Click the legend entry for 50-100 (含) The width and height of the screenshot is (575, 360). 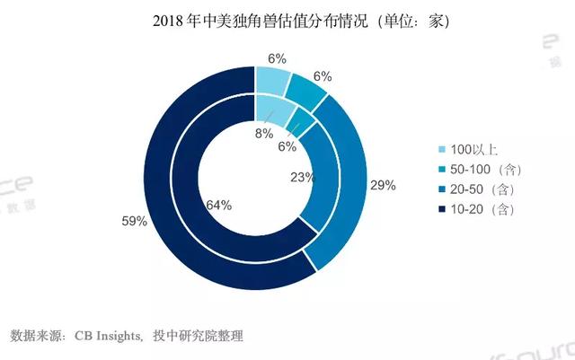pyautogui.click(x=485, y=170)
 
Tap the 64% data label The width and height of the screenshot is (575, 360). pyautogui.click(x=219, y=206)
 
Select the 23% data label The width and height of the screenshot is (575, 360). pyautogui.click(x=301, y=178)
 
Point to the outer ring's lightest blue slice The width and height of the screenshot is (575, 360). pyautogui.click(x=273, y=80)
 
